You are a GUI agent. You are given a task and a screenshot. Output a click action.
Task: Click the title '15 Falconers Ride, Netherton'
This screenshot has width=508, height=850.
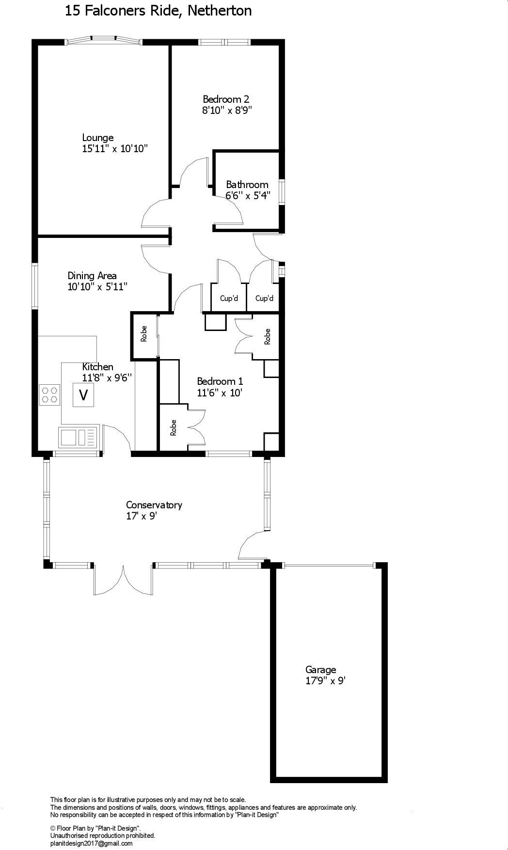point(158,11)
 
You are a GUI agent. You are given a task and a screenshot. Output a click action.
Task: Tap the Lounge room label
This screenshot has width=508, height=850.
point(97,138)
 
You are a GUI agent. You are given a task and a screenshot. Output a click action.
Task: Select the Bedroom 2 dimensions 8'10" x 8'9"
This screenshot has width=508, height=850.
point(227,110)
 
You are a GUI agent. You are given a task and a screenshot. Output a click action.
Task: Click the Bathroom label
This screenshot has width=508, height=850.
point(247,185)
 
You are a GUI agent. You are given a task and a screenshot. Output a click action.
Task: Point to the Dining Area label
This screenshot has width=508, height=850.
point(92,276)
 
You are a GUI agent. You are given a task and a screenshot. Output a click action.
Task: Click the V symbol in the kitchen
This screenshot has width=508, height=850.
point(83,395)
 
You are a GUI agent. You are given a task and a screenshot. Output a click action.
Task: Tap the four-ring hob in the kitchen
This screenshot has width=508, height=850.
point(49,394)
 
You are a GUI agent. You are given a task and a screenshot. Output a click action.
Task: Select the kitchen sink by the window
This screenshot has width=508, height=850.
point(79,438)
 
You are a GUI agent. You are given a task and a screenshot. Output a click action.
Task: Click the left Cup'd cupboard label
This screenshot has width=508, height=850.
point(229,298)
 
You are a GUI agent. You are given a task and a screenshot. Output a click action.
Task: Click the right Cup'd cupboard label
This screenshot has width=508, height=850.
point(264,298)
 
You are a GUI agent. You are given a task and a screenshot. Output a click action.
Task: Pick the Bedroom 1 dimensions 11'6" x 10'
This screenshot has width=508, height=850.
point(220,393)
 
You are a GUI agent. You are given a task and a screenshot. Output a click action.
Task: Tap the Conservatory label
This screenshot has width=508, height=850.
point(154,505)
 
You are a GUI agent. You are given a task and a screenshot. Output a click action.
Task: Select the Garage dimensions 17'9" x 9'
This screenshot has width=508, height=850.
point(325,681)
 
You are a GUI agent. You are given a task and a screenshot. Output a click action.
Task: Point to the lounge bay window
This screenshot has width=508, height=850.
point(103,41)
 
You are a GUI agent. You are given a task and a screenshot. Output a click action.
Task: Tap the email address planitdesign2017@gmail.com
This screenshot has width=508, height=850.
point(91,844)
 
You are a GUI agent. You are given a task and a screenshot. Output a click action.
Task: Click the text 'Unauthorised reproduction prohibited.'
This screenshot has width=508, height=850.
point(103,836)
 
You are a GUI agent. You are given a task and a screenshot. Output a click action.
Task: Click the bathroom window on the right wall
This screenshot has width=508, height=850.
point(281,192)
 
